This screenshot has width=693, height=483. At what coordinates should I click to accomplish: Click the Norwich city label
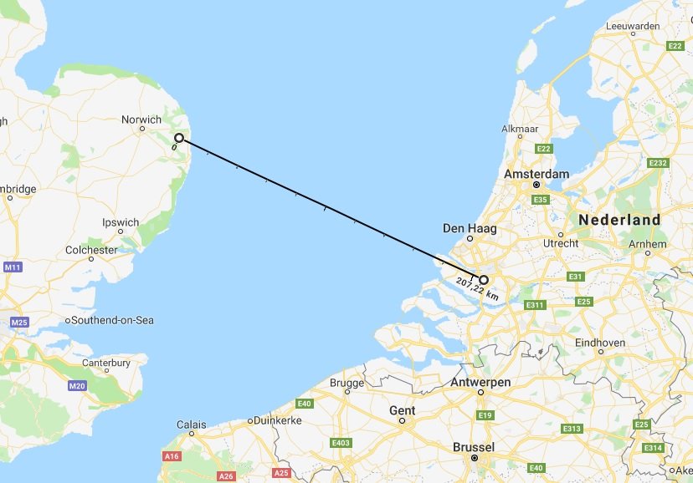click(141, 120)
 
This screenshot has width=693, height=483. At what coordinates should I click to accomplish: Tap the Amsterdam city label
click(536, 174)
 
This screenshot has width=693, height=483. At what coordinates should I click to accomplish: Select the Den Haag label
click(470, 227)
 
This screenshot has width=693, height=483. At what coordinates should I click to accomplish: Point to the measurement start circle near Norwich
click(179, 138)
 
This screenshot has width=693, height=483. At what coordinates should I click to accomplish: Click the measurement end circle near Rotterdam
click(484, 281)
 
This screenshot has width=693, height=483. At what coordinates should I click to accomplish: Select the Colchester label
click(92, 250)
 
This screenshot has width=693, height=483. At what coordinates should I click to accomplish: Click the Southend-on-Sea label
click(114, 320)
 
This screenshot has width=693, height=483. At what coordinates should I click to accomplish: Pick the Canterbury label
click(106, 363)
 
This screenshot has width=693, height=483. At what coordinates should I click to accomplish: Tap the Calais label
click(192, 425)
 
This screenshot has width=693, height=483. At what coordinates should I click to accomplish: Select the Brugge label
click(347, 384)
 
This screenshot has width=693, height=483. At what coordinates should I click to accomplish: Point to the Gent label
click(402, 410)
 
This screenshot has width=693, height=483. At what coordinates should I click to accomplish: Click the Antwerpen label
click(480, 382)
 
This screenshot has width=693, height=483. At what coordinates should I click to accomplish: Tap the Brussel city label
click(473, 447)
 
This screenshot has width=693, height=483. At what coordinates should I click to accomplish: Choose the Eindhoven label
click(600, 343)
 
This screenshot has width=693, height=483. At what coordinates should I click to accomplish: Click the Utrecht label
click(561, 243)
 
